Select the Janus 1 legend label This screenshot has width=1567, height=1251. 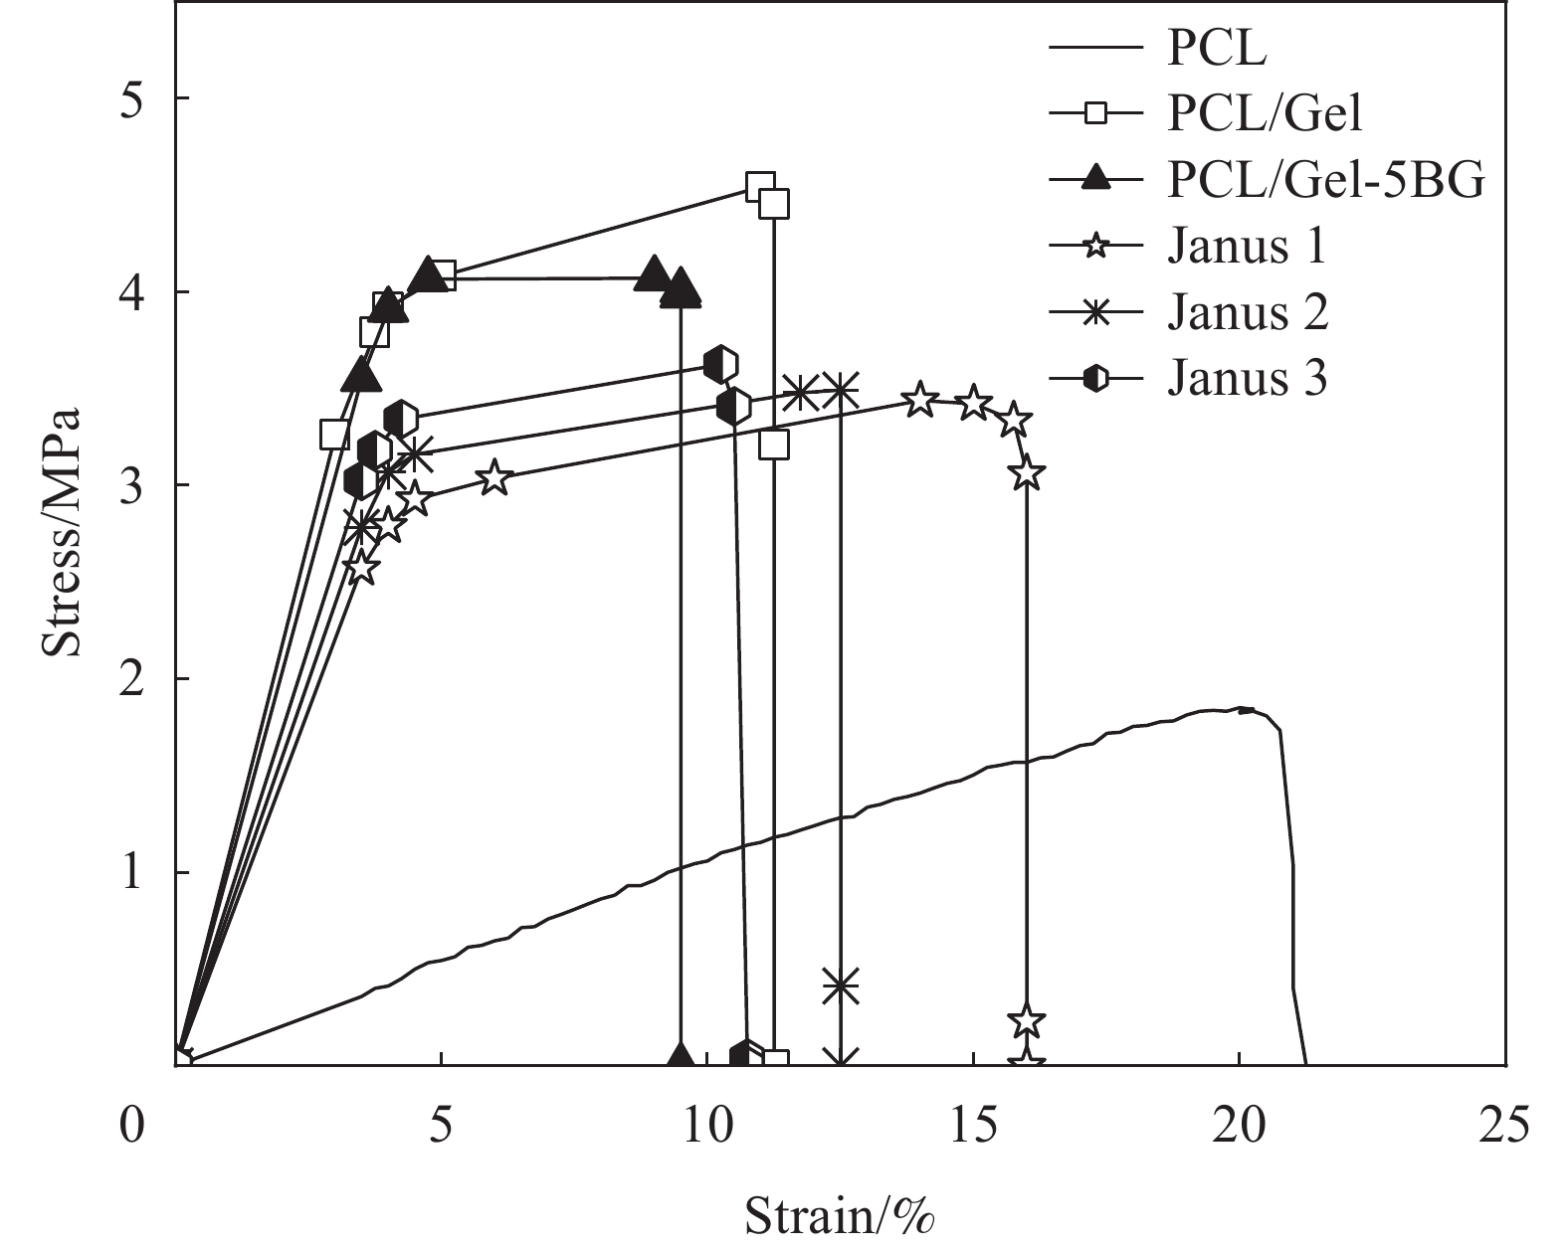click(x=1247, y=246)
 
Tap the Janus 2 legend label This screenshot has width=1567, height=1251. click(x=1247, y=312)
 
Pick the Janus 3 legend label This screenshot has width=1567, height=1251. click(x=1247, y=378)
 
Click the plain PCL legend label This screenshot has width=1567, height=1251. click(x=1217, y=49)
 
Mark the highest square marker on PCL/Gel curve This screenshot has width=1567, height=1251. click(x=760, y=186)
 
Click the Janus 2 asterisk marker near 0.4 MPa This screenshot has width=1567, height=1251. click(x=841, y=985)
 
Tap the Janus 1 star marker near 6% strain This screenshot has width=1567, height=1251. click(x=494, y=478)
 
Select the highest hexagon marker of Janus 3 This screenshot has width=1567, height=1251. click(x=721, y=364)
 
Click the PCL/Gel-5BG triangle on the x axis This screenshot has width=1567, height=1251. click(x=681, y=1058)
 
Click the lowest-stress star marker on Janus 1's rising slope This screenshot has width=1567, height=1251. click(x=361, y=568)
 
